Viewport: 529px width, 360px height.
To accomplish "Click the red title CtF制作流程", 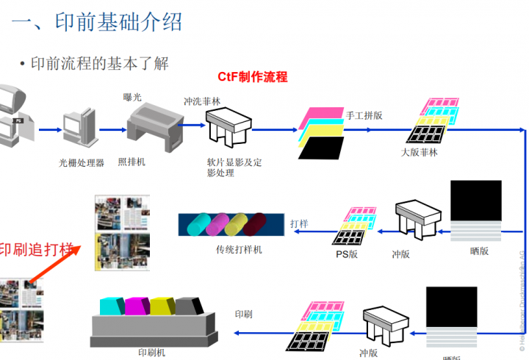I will (252, 76).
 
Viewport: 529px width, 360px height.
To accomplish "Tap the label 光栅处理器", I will (82, 162).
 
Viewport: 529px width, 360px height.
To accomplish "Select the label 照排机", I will (132, 162).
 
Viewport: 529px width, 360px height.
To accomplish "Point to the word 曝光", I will (133, 96).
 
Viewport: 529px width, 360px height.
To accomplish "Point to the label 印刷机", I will (152, 352).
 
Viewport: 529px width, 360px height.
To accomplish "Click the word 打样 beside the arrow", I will (299, 223).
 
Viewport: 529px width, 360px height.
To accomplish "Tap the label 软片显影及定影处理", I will (234, 168).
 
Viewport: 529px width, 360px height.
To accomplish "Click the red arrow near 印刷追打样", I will (60, 262).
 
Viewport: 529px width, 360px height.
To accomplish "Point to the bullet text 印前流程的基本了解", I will (99, 64).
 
